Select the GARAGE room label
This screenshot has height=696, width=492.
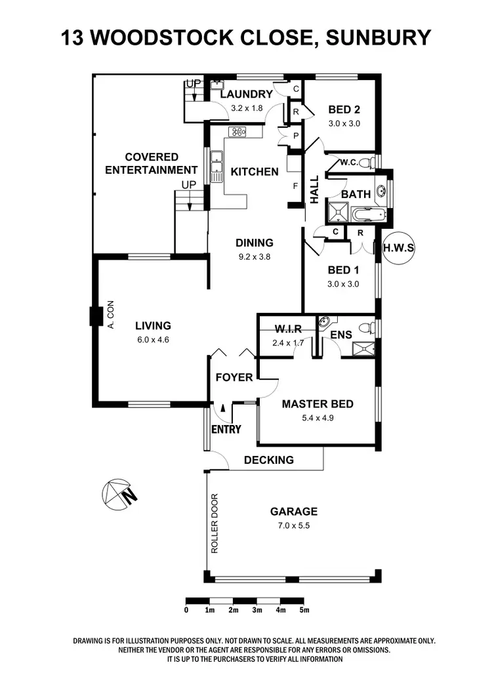tap(293, 512)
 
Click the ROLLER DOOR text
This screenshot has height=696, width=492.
tap(214, 523)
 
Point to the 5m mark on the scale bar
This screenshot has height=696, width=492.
tap(304, 610)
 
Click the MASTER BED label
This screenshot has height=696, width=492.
tap(318, 404)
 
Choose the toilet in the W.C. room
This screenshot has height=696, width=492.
tap(371, 162)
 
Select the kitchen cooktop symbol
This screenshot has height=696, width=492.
tap(237, 132)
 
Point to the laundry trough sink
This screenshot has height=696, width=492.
tap(217, 85)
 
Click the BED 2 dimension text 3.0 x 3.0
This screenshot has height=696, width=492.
tap(344, 123)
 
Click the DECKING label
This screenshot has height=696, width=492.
tap(269, 460)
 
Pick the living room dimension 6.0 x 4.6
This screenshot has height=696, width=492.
tap(153, 339)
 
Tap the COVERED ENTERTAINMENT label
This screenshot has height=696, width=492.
tap(152, 163)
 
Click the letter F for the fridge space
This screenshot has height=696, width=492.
tap(296, 186)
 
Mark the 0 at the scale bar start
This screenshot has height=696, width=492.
tap(186, 610)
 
